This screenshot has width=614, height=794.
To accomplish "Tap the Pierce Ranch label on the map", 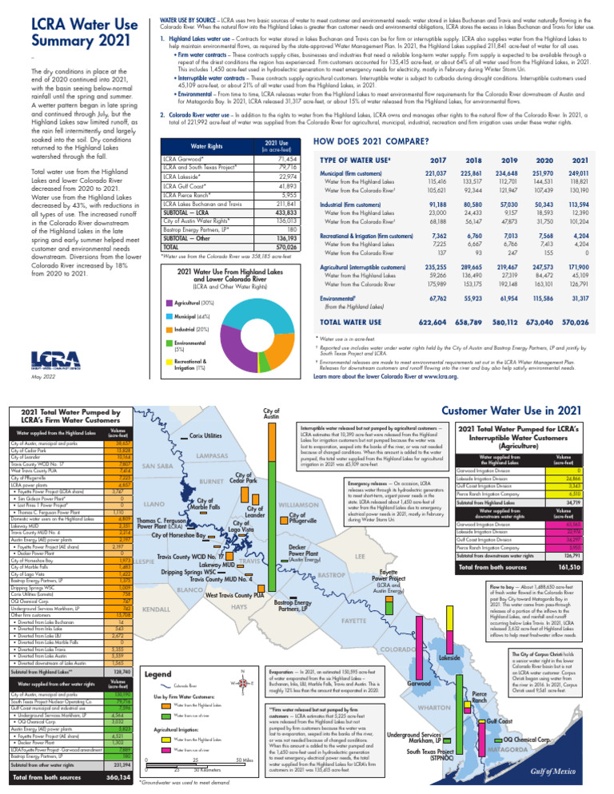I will (478, 672).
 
